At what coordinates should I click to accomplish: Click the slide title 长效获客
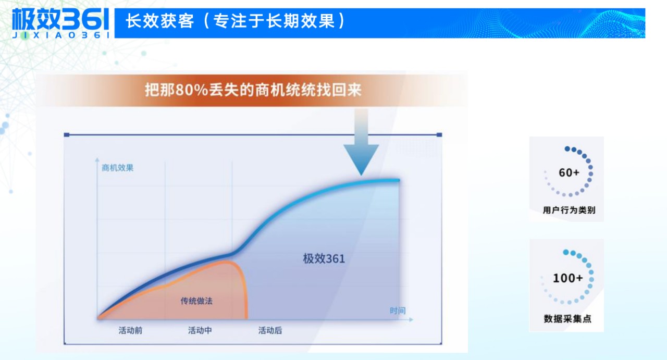point(159,21)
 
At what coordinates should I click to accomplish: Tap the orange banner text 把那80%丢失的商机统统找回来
point(253,90)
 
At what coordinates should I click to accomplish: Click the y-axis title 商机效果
point(118,168)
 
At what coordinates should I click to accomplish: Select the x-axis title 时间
point(398,311)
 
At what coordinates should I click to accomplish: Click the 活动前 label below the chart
point(130,330)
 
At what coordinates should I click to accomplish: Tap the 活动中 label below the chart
point(200,330)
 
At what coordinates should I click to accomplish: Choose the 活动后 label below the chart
point(270,330)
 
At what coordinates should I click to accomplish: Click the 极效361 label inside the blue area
point(324,258)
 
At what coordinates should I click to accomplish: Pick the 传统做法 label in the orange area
point(196,301)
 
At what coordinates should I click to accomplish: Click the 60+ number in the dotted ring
point(569,173)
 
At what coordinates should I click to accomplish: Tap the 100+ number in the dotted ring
point(568,278)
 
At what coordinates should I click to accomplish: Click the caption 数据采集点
point(567,318)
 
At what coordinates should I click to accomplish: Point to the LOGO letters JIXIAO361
point(60,35)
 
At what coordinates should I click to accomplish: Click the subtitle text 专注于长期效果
point(274,21)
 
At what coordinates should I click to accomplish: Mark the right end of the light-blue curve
point(398,180)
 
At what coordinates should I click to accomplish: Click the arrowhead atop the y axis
point(97,158)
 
